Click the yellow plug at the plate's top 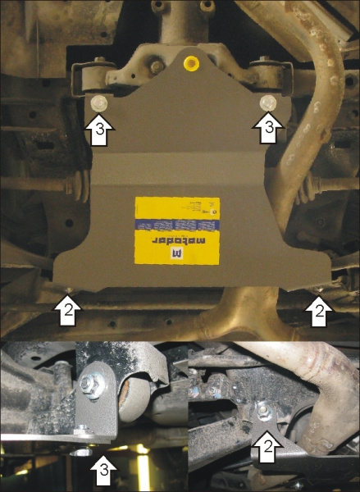tap(192, 61)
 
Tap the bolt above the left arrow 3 tap(98, 103)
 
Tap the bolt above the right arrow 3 tap(267, 102)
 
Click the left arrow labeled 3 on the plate tap(98, 129)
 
